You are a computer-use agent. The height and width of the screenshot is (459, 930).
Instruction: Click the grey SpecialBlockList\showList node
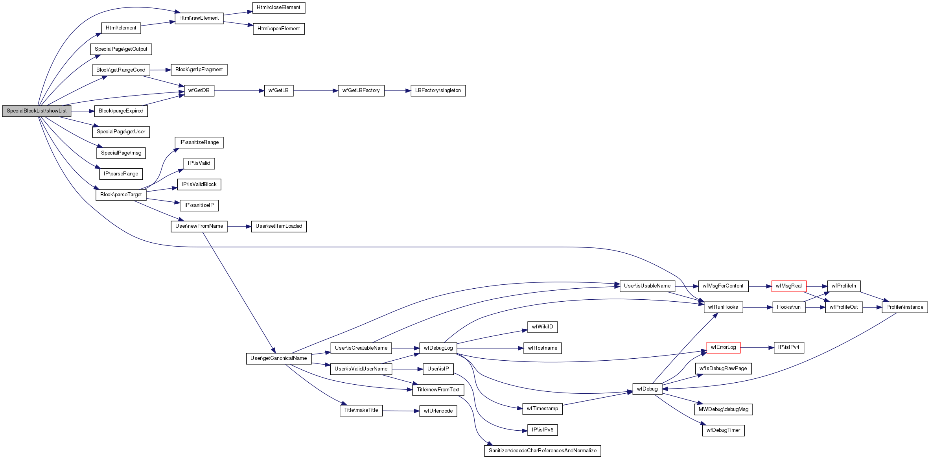pyautogui.click(x=37, y=111)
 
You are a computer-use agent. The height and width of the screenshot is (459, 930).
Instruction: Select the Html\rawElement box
pyautogui.click(x=199, y=18)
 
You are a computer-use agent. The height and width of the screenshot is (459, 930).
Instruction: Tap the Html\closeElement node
pyautogui.click(x=278, y=7)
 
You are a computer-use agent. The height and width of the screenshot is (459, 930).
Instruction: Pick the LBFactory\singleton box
pyautogui.click(x=438, y=90)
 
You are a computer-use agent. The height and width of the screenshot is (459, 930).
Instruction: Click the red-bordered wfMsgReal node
pyautogui.click(x=788, y=286)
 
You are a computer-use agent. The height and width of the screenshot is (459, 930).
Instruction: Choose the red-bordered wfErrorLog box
pyautogui.click(x=723, y=347)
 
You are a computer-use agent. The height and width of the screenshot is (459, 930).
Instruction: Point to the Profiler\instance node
pyautogui.click(x=904, y=307)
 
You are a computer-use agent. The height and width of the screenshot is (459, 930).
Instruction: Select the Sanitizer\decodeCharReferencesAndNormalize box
pyautogui.click(x=542, y=451)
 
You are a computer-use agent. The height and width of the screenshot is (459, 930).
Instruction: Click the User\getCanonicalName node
pyautogui.click(x=278, y=358)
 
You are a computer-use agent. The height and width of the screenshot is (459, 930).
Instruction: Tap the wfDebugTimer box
pyautogui.click(x=723, y=430)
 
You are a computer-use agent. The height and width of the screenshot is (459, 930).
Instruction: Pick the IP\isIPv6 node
pyautogui.click(x=542, y=430)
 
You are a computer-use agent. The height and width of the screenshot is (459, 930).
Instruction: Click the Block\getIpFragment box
pyautogui.click(x=199, y=70)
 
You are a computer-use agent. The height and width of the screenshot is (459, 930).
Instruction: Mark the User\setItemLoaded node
pyautogui.click(x=278, y=226)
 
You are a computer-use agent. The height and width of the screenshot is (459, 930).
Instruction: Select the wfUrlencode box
pyautogui.click(x=438, y=411)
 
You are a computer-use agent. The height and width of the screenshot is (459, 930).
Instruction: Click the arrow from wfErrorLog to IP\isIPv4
pyautogui.click(x=757, y=348)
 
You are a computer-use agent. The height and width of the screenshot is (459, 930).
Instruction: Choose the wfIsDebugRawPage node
pyautogui.click(x=723, y=369)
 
